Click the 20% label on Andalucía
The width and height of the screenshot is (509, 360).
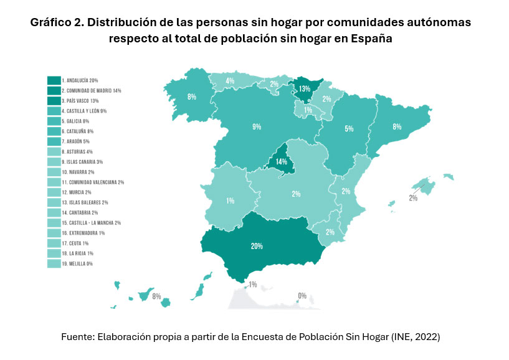[257, 246]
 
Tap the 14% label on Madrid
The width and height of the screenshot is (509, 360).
[280, 161]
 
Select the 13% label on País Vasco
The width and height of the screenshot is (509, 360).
[304, 89]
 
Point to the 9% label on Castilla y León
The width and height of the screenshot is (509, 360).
[257, 127]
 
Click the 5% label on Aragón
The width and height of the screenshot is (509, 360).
[349, 129]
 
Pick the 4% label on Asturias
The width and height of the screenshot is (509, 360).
[230, 81]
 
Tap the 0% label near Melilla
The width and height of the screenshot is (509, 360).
[302, 296]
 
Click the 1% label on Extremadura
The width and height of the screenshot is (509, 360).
[231, 201]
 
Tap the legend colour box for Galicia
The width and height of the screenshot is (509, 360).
[54, 121]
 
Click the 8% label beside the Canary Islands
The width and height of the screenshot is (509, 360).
[156, 296]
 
